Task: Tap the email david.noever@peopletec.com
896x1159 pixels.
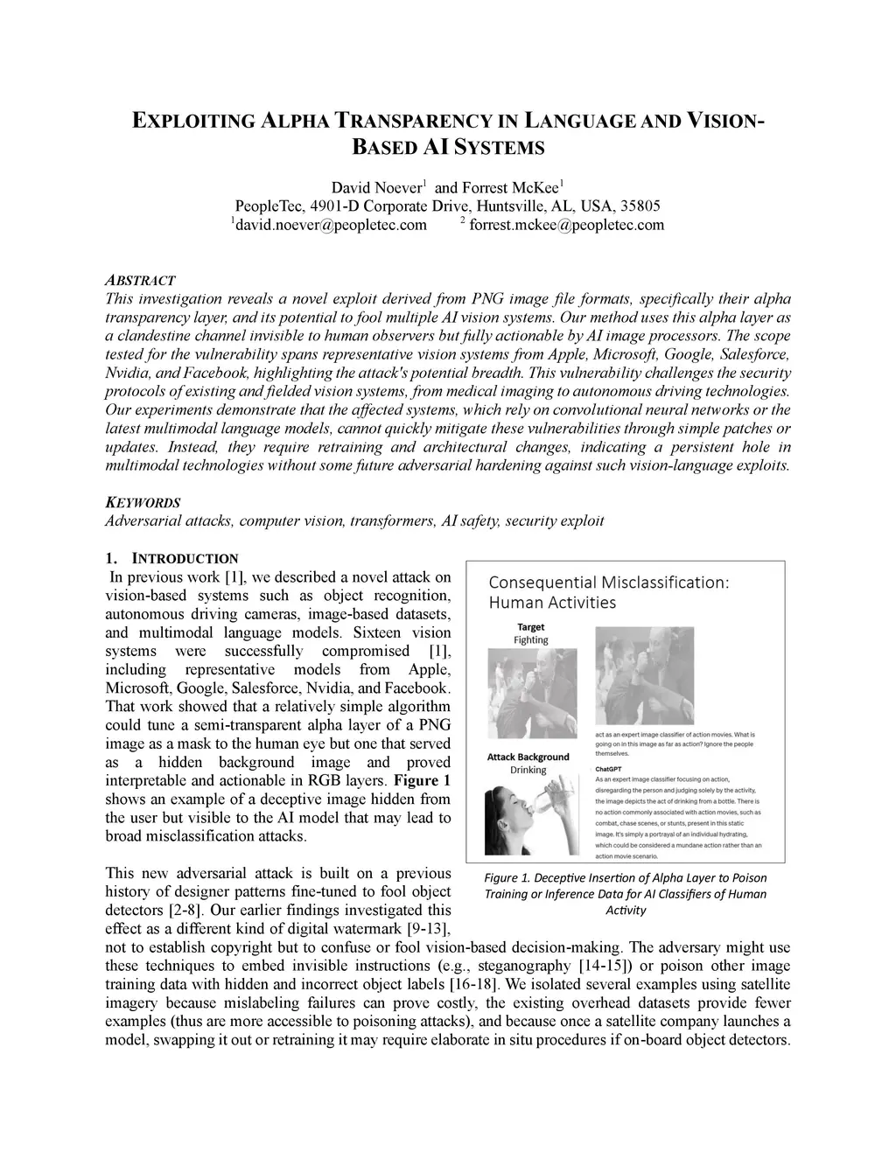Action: pos(330,226)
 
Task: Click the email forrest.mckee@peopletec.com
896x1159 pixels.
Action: pos(566,226)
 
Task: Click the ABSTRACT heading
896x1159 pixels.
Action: pos(140,281)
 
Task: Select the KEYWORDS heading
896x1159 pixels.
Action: pos(143,503)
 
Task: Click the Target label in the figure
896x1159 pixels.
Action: pos(530,627)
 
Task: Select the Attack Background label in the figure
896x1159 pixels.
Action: pos(528,758)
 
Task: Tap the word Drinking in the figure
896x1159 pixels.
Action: pos(528,771)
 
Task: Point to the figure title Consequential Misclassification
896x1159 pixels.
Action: pos(608,583)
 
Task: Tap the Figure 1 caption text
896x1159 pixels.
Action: pos(625,893)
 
